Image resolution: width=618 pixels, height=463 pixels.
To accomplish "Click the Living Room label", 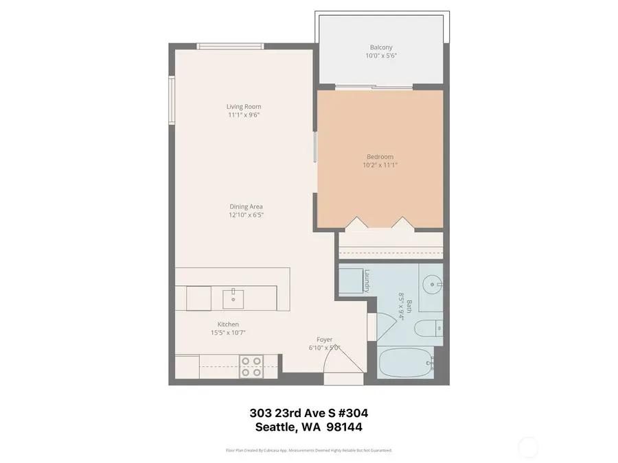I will point(244,106).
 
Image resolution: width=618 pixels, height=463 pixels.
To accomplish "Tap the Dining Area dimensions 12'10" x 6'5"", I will point(246,215).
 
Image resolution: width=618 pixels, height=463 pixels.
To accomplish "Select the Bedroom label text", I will point(380,156).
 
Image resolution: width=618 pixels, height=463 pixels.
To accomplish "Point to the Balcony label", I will point(381,47).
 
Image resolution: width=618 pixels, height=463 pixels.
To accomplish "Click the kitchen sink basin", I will point(234,297).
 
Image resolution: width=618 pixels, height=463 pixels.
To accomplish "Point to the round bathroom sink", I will point(431,282).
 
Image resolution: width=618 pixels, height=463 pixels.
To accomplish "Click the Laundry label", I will point(367,279).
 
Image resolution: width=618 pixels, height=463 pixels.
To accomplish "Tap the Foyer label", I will point(324,340).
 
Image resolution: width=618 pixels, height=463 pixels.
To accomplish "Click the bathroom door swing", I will point(372,324).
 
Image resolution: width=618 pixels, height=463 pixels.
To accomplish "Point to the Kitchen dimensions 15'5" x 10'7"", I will point(228,333).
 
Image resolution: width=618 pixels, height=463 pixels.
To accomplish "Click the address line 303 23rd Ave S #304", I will point(308,414).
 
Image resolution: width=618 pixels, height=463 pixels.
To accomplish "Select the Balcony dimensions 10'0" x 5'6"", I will point(381,56).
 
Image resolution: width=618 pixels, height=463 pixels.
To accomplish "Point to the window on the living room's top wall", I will point(229,46).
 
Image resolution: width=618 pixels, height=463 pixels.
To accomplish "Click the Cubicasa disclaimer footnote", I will point(308,451).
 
